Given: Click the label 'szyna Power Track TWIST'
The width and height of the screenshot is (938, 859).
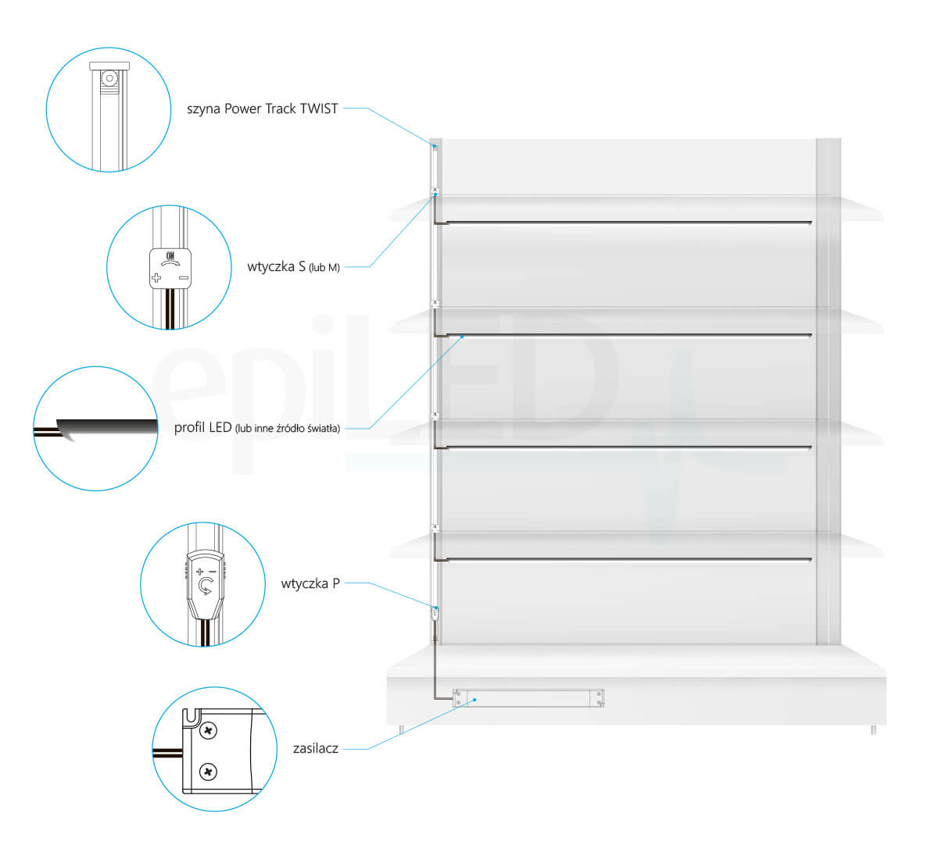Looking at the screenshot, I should pos(263,109).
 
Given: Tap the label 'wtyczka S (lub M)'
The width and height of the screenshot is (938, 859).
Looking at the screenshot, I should pos(294,267).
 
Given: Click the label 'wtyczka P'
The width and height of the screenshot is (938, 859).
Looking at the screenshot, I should pos(310,583).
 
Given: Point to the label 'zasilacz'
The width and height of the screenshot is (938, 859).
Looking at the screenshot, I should pos(316,748).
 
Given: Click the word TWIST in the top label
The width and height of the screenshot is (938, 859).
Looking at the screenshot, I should pos(319,109).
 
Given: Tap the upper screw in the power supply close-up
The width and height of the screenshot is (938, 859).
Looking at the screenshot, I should pos(209,732).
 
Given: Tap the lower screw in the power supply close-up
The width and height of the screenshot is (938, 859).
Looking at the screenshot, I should pos(209,772).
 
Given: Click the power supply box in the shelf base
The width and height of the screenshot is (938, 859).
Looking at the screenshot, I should pos(528,698).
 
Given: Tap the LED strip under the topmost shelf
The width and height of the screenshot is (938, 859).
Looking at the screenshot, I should pos(625,223).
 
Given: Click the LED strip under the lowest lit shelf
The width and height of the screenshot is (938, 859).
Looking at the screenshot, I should pos(625,560).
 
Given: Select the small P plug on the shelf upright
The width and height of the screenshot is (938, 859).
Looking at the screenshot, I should pos(436,613).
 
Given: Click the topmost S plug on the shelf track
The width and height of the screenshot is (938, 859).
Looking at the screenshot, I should pos(435,191).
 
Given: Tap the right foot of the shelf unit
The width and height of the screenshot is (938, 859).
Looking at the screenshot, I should pos(873,730).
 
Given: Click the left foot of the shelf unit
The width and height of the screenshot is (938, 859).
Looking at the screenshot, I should pos(401,729).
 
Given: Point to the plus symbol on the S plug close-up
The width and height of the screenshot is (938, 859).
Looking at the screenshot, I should pos(156,278).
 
